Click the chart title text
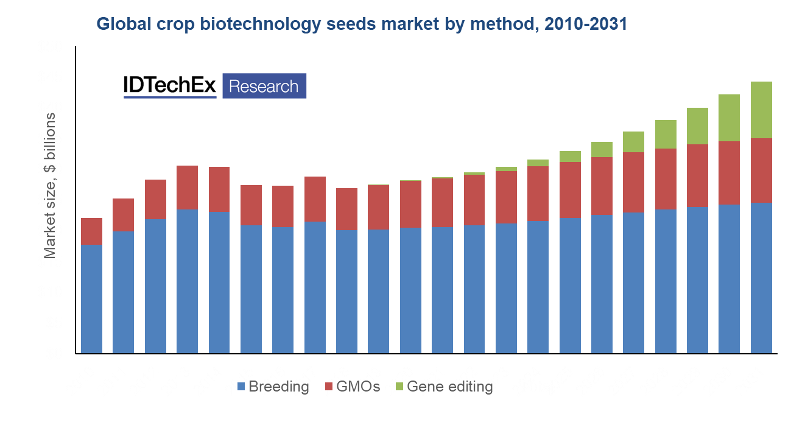(362, 24)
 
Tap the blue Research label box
(264, 86)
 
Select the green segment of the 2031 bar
(761, 110)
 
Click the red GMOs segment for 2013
(187, 187)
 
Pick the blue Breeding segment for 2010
(91, 298)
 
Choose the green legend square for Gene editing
(399, 386)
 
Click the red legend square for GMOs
(329, 386)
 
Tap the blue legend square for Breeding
(241, 386)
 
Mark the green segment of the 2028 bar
(666, 134)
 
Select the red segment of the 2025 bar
(570, 189)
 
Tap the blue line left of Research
(170, 97)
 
